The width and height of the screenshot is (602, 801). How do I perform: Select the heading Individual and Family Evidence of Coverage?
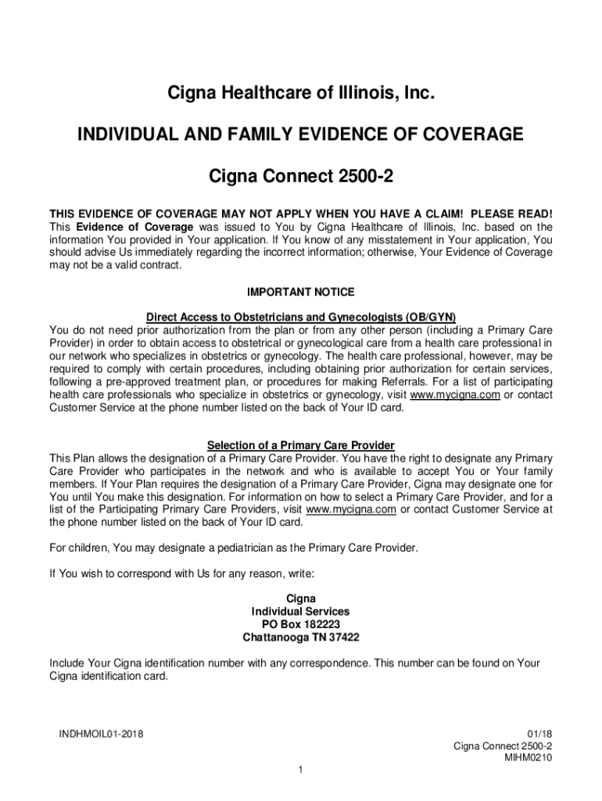coord(300,135)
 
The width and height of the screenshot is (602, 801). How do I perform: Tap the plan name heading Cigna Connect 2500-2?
coord(300,177)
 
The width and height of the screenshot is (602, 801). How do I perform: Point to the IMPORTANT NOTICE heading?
coord(300,292)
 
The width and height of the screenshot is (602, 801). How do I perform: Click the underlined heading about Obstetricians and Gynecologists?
coord(300,317)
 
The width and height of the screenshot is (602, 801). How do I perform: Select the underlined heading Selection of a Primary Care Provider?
coord(300,445)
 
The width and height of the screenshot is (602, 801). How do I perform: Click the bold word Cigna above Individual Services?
coord(300,599)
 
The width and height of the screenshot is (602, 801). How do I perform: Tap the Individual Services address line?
coord(300,612)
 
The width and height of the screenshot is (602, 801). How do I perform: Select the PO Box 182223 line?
coord(300,624)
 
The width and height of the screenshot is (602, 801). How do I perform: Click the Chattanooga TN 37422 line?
coord(300,637)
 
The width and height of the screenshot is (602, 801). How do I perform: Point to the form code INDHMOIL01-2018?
coord(100,734)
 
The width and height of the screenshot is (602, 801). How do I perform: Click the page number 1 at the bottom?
coord(300,771)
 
